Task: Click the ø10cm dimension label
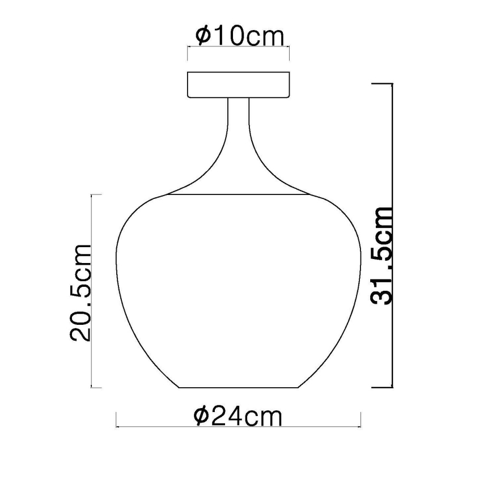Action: tap(239, 37)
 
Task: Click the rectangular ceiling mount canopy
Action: tap(239, 84)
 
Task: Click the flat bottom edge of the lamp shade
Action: tap(239, 388)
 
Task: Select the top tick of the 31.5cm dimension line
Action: tap(382, 84)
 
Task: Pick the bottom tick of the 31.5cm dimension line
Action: tap(382, 388)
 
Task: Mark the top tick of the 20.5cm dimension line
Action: tap(96, 195)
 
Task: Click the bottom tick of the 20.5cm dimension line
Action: tap(96, 388)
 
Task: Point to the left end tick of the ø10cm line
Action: tap(188, 53)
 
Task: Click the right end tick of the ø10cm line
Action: tap(289, 53)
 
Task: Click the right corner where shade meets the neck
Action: tap(307, 195)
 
